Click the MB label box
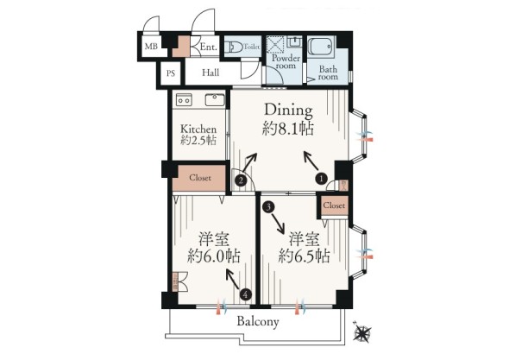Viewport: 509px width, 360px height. [x=151, y=46]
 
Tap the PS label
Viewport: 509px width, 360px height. [x=171, y=73]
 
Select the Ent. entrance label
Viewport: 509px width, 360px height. [x=208, y=47]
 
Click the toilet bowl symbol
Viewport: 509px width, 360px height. [x=234, y=47]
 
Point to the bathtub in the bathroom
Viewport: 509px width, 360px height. [x=321, y=47]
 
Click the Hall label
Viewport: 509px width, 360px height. [x=211, y=73]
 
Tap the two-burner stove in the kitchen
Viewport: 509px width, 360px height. [x=184, y=100]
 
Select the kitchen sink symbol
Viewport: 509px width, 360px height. [x=215, y=100]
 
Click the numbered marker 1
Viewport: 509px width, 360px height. [x=322, y=179]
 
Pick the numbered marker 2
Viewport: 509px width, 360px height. [x=241, y=180]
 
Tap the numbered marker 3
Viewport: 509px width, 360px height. [x=268, y=206]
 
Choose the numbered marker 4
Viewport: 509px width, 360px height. [x=246, y=294]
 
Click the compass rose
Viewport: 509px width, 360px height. [x=362, y=332]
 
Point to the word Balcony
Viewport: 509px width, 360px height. [x=258, y=322]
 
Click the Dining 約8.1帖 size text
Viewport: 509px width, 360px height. [x=288, y=119]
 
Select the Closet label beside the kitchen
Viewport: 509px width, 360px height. [x=200, y=178]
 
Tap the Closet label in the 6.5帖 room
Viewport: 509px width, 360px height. [x=334, y=205]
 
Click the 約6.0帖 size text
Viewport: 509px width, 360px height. [x=214, y=256]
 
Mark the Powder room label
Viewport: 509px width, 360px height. [x=286, y=62]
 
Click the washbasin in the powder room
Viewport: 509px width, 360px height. [x=295, y=41]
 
